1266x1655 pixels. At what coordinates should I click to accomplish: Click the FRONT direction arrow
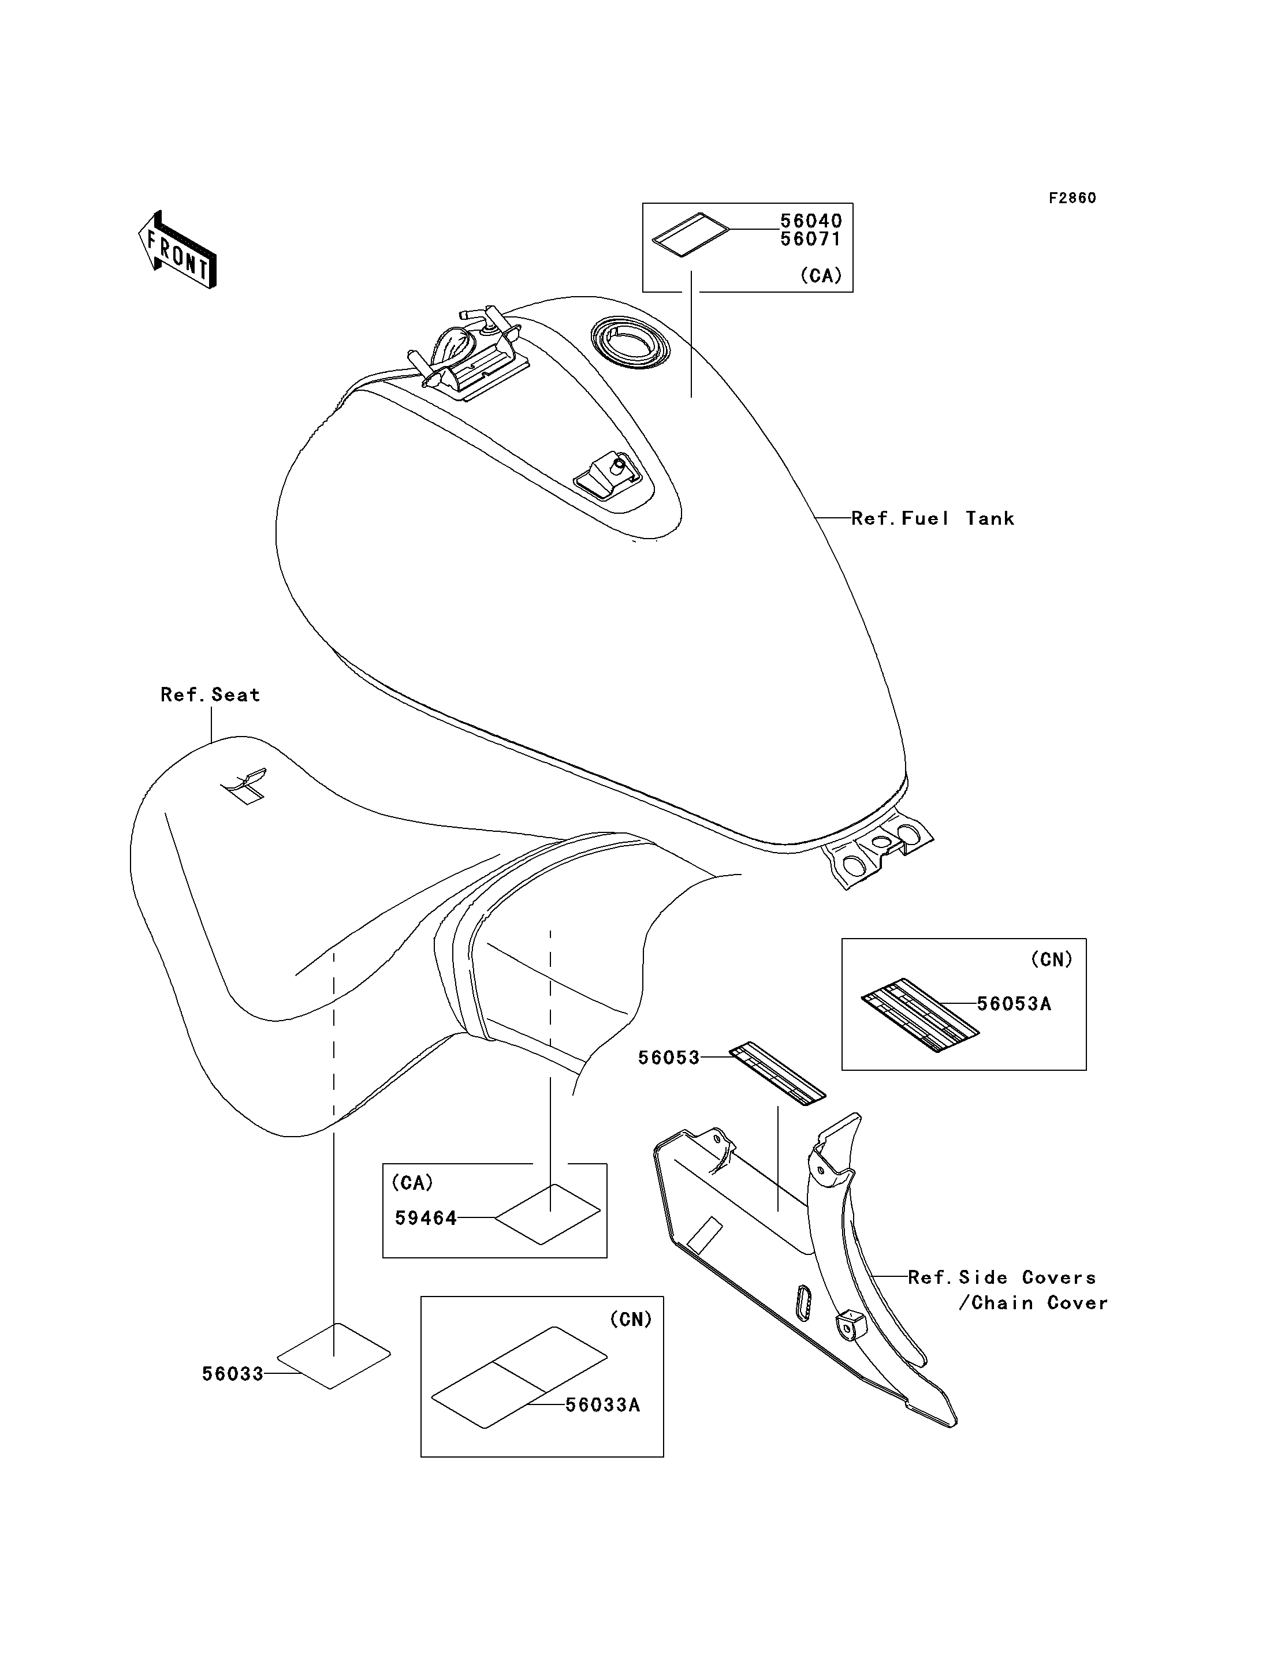178,249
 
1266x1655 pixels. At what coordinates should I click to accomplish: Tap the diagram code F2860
1073,198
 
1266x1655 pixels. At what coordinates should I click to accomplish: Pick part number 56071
811,239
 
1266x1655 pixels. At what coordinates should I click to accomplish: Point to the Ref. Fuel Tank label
933,518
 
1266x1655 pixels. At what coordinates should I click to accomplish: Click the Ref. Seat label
210,694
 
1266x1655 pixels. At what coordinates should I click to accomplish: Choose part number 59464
426,1218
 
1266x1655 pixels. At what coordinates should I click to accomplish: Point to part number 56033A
603,1405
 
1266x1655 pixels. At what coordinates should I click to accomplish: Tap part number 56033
233,1374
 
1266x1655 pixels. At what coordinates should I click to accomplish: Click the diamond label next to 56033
334,1356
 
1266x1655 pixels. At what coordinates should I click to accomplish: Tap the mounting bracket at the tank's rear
878,852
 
